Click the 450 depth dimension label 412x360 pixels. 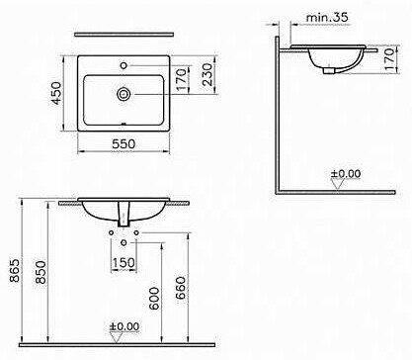(x=57, y=93)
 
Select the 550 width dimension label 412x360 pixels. (x=124, y=144)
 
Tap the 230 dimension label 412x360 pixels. (x=207, y=75)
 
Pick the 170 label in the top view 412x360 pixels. (x=182, y=79)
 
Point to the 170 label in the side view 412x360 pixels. (x=390, y=59)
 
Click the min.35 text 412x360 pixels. (x=327, y=17)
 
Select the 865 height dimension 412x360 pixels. (x=14, y=271)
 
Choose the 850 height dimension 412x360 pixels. (x=41, y=272)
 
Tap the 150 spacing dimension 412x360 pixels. (x=124, y=263)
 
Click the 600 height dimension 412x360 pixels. (x=154, y=299)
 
